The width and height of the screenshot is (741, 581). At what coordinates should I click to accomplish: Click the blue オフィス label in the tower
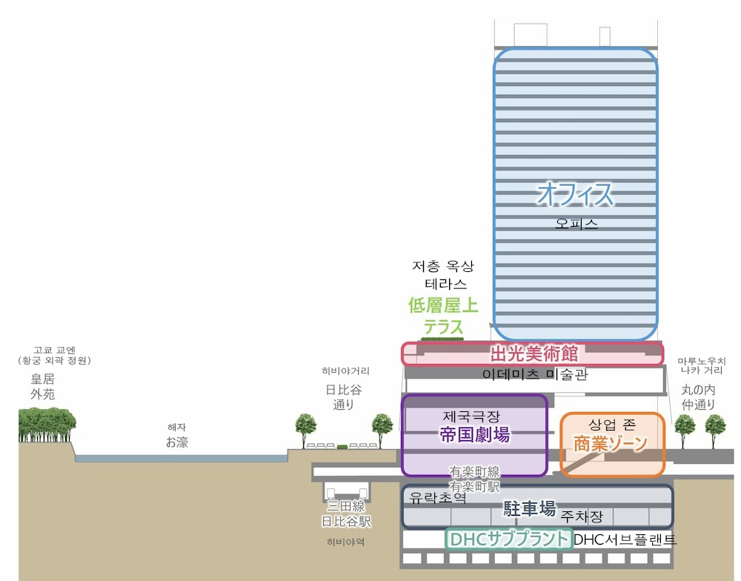coord(575,194)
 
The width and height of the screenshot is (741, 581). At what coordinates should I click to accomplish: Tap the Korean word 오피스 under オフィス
coord(576,223)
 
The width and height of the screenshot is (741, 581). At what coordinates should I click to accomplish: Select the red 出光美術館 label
coord(534,353)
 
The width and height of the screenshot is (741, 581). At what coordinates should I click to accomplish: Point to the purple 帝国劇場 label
coord(474,435)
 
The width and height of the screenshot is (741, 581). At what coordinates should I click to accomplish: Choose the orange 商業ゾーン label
coord(611,443)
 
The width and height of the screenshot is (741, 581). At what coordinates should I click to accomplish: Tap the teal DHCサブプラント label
coord(509,539)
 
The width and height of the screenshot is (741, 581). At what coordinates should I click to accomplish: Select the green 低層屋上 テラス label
coord(444,316)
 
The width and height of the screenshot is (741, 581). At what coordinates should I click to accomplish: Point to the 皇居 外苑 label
coord(42,386)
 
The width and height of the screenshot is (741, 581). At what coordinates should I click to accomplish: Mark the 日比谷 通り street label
coord(345,397)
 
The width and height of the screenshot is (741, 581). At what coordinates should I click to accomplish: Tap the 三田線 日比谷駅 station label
coord(345,514)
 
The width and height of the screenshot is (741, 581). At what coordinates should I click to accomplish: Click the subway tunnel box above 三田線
coord(345,491)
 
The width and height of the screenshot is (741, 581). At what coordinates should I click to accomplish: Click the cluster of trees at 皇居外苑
coord(47,425)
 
